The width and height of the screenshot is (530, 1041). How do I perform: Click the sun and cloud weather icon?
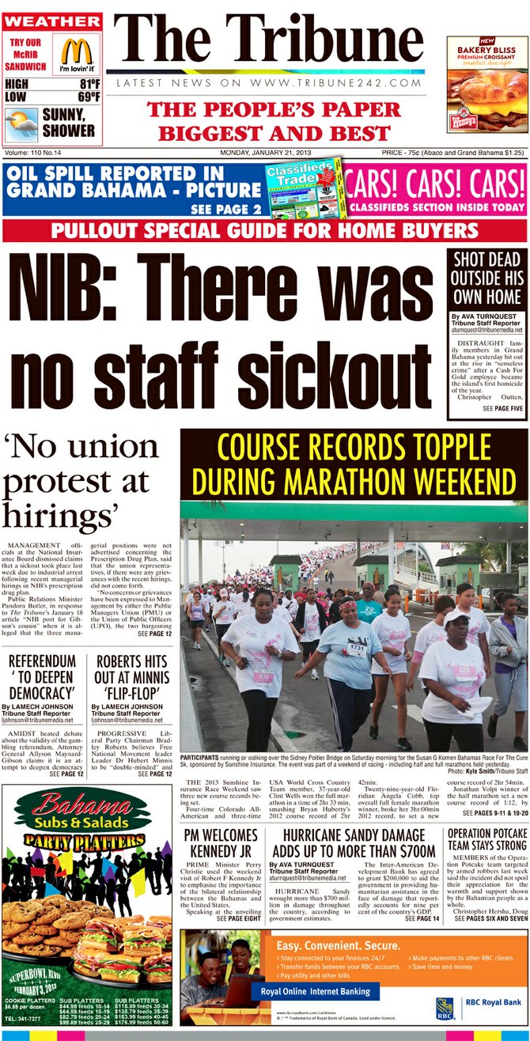click(21, 123)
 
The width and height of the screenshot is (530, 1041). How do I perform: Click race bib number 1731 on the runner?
click(357, 648)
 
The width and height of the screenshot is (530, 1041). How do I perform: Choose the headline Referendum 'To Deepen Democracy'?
click(42, 675)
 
